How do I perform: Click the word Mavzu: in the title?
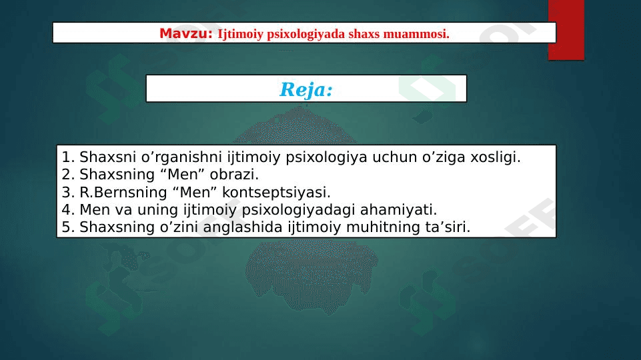point(186,33)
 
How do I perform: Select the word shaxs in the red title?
point(364,34)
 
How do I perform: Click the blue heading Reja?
point(306,89)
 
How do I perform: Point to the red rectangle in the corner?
point(566,30)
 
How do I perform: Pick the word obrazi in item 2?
point(234,175)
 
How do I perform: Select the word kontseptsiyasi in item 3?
point(276,193)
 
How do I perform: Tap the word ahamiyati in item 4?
point(398,209)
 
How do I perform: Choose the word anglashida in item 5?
point(243,227)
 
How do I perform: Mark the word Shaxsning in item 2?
point(117,175)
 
